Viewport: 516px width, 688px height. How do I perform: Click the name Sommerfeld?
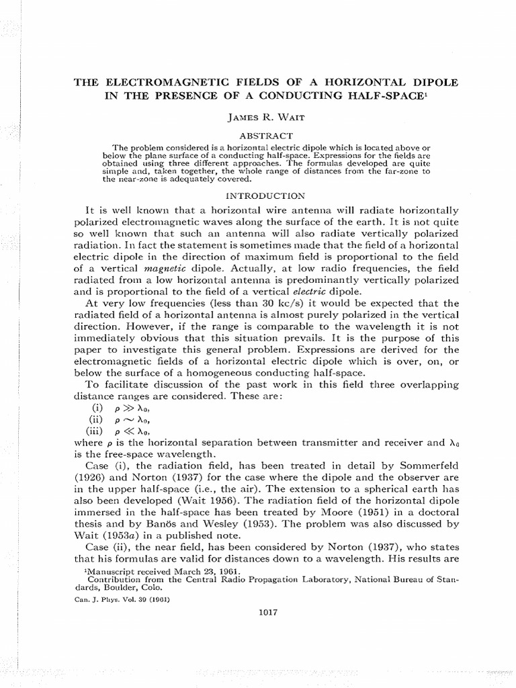click(426, 466)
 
